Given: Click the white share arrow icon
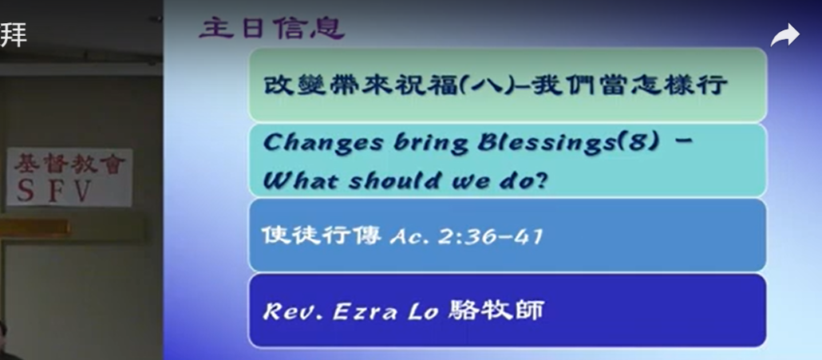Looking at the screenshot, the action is (x=784, y=36).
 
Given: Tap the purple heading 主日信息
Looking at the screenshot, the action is (x=271, y=29).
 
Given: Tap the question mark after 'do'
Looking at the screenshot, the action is (x=539, y=180).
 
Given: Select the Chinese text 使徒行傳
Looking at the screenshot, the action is (x=322, y=235).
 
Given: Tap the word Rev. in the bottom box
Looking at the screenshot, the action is (x=293, y=312).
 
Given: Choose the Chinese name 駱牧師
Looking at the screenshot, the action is (x=496, y=310).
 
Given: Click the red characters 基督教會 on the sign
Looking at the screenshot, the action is (x=69, y=164).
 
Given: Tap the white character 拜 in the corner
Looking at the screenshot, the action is (x=13, y=35).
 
